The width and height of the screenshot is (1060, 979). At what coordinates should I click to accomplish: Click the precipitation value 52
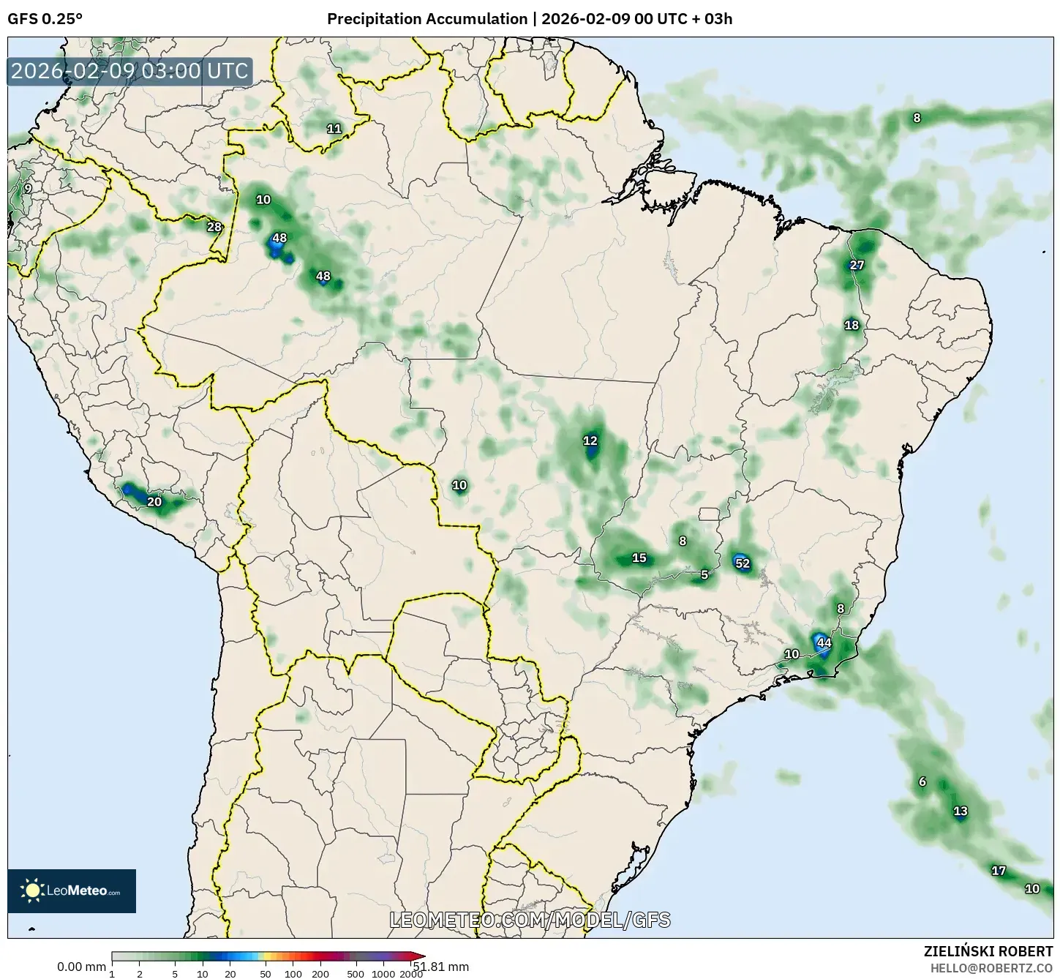tap(742, 563)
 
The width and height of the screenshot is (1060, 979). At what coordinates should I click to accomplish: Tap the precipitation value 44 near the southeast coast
tap(824, 643)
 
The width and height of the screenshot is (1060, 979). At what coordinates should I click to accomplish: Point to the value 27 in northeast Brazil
tap(857, 265)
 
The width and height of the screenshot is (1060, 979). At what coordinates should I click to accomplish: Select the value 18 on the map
tap(852, 325)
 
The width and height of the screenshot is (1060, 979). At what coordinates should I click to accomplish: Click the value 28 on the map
tap(214, 227)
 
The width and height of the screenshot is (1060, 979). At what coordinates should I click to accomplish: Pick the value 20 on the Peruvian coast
tap(154, 502)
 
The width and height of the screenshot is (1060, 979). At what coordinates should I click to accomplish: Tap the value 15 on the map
tap(639, 558)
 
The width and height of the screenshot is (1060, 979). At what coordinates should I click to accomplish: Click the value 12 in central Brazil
tap(590, 440)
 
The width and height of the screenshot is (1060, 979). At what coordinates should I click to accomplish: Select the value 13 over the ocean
tap(961, 811)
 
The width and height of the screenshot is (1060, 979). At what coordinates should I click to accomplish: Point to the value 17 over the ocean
tap(998, 871)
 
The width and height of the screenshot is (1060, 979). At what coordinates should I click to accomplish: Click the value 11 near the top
tap(334, 129)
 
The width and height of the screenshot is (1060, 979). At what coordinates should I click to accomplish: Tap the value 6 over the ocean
tap(922, 781)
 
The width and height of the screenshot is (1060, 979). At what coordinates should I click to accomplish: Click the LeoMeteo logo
tap(72, 890)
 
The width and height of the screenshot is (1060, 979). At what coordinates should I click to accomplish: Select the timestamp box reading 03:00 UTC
tap(130, 71)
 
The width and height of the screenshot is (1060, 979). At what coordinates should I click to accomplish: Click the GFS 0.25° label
tap(45, 19)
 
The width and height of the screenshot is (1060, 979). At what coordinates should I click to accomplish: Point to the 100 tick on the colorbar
tap(293, 974)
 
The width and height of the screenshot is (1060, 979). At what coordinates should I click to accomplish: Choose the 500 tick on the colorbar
tap(356, 974)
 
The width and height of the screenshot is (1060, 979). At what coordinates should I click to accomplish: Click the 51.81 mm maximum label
tap(443, 967)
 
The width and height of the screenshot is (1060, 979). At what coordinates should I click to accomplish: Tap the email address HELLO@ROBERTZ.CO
tap(991, 967)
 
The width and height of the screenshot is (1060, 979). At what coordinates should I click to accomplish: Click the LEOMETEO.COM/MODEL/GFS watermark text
tap(530, 920)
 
